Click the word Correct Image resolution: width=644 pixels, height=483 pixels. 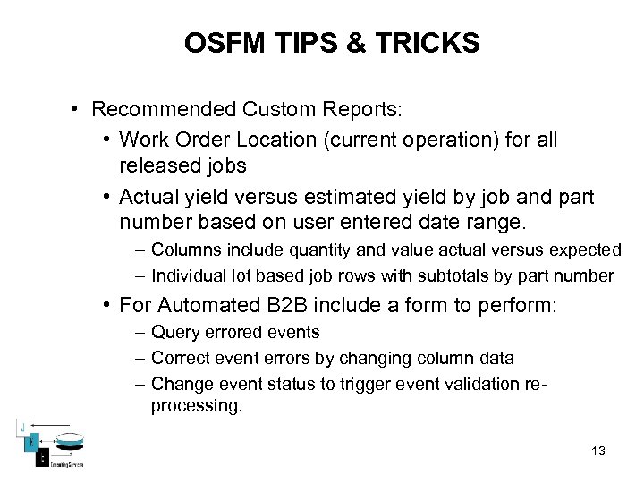point(179,359)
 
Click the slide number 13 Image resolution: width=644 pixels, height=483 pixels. point(598,451)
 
